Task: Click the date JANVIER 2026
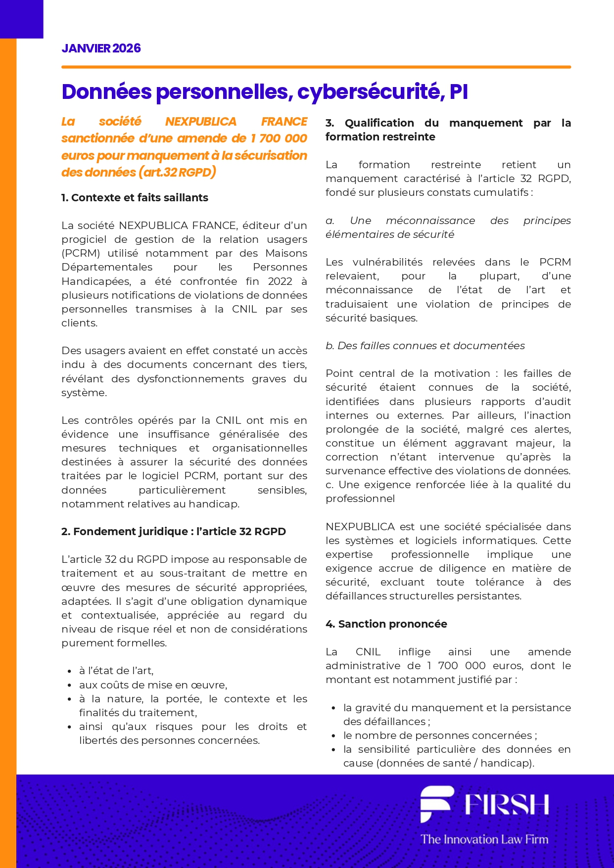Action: click(101, 48)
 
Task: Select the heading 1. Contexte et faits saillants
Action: click(135, 198)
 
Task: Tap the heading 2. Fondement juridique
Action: click(173, 532)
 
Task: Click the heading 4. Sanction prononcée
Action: click(386, 624)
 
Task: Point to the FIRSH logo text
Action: click(507, 805)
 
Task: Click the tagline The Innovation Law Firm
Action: click(484, 839)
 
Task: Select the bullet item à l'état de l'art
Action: click(116, 671)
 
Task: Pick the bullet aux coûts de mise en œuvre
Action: click(153, 685)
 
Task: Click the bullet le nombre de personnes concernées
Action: click(440, 735)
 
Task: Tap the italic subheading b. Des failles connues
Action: click(425, 346)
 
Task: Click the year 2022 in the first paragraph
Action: click(280, 281)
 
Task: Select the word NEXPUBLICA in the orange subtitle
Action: click(201, 122)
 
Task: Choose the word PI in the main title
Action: click(459, 92)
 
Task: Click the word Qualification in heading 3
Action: click(379, 123)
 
